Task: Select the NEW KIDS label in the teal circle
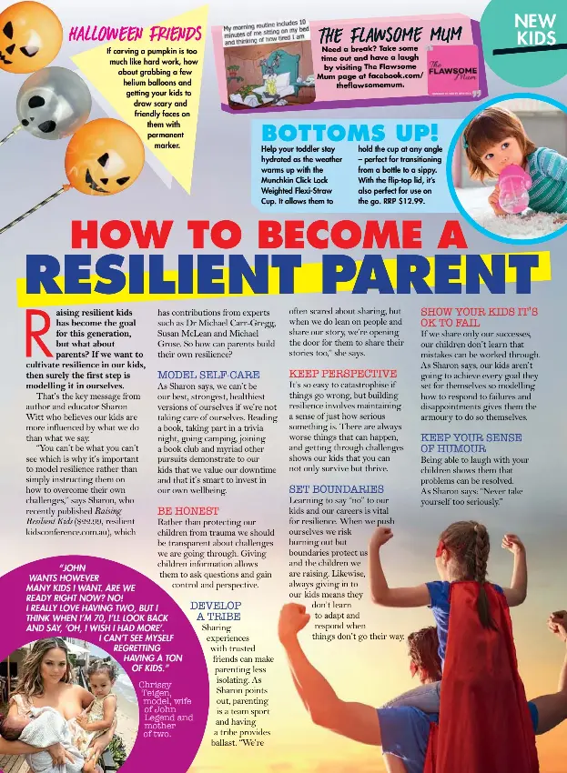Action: click(535, 29)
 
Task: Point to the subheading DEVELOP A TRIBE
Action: click(216, 610)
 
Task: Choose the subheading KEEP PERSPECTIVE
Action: click(342, 374)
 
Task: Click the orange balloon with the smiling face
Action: click(104, 156)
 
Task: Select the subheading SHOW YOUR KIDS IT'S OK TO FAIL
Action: click(479, 316)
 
